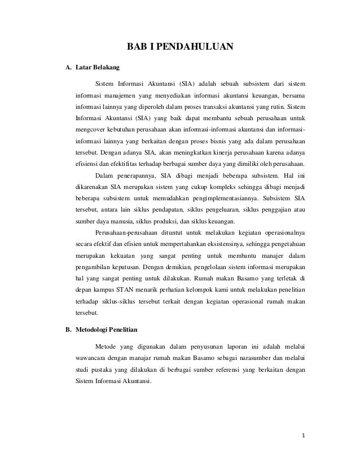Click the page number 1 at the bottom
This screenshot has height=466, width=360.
tap(302, 435)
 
